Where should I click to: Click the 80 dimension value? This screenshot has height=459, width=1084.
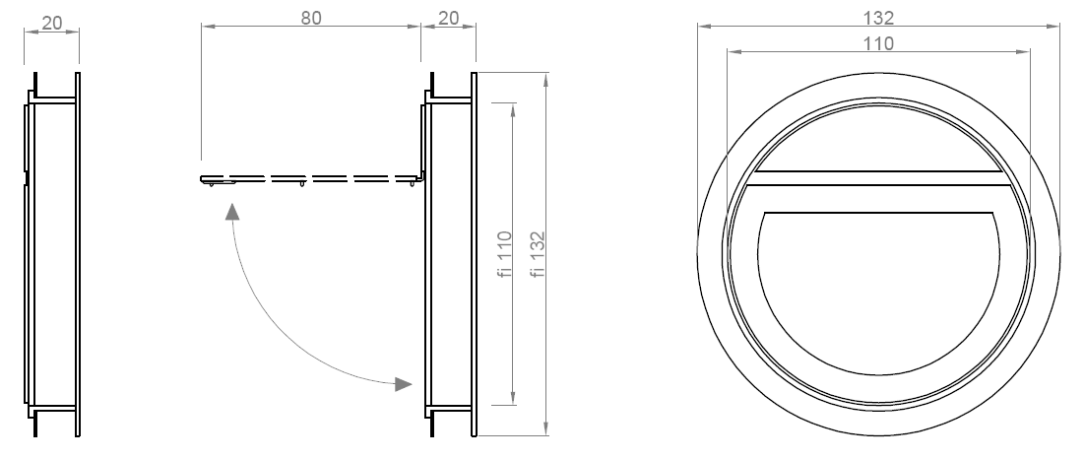click(311, 18)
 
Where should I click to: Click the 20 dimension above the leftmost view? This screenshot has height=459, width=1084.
click(52, 23)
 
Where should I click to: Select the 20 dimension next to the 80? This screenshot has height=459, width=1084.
click(449, 18)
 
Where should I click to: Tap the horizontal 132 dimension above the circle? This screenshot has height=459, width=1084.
click(878, 18)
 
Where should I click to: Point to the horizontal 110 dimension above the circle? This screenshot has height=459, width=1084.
click(878, 43)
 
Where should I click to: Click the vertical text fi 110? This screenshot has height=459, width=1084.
click(505, 254)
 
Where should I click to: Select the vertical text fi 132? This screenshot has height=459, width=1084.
click(539, 254)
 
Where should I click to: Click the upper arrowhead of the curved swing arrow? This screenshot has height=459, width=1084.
click(232, 211)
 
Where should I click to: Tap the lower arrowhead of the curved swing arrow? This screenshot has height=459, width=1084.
click(403, 384)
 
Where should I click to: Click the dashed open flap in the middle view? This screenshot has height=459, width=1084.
click(312, 179)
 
